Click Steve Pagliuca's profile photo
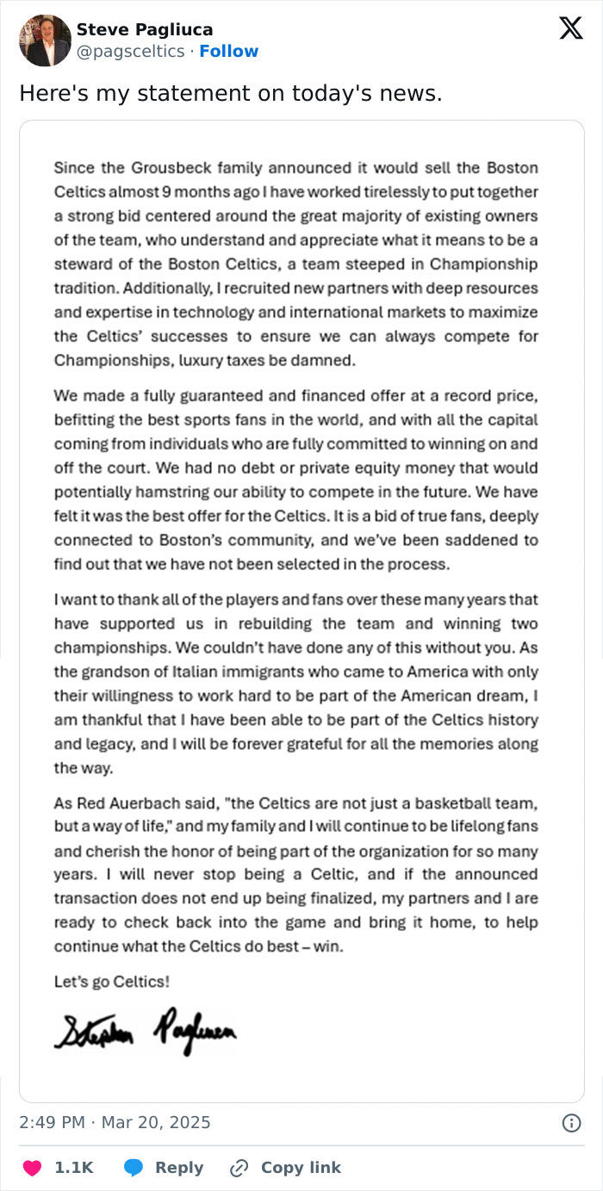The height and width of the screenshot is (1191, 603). (45, 40)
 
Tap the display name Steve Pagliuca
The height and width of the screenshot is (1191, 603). (145, 29)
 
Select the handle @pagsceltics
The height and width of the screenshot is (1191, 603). (130, 52)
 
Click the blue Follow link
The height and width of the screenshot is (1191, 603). (229, 52)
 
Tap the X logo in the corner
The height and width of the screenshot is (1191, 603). (570, 28)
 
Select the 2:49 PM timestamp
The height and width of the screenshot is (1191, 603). (52, 1122)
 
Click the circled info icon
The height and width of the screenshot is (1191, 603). (570, 1122)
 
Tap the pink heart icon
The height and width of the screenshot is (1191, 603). (32, 1168)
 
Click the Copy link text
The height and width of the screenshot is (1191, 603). (301, 1168)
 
